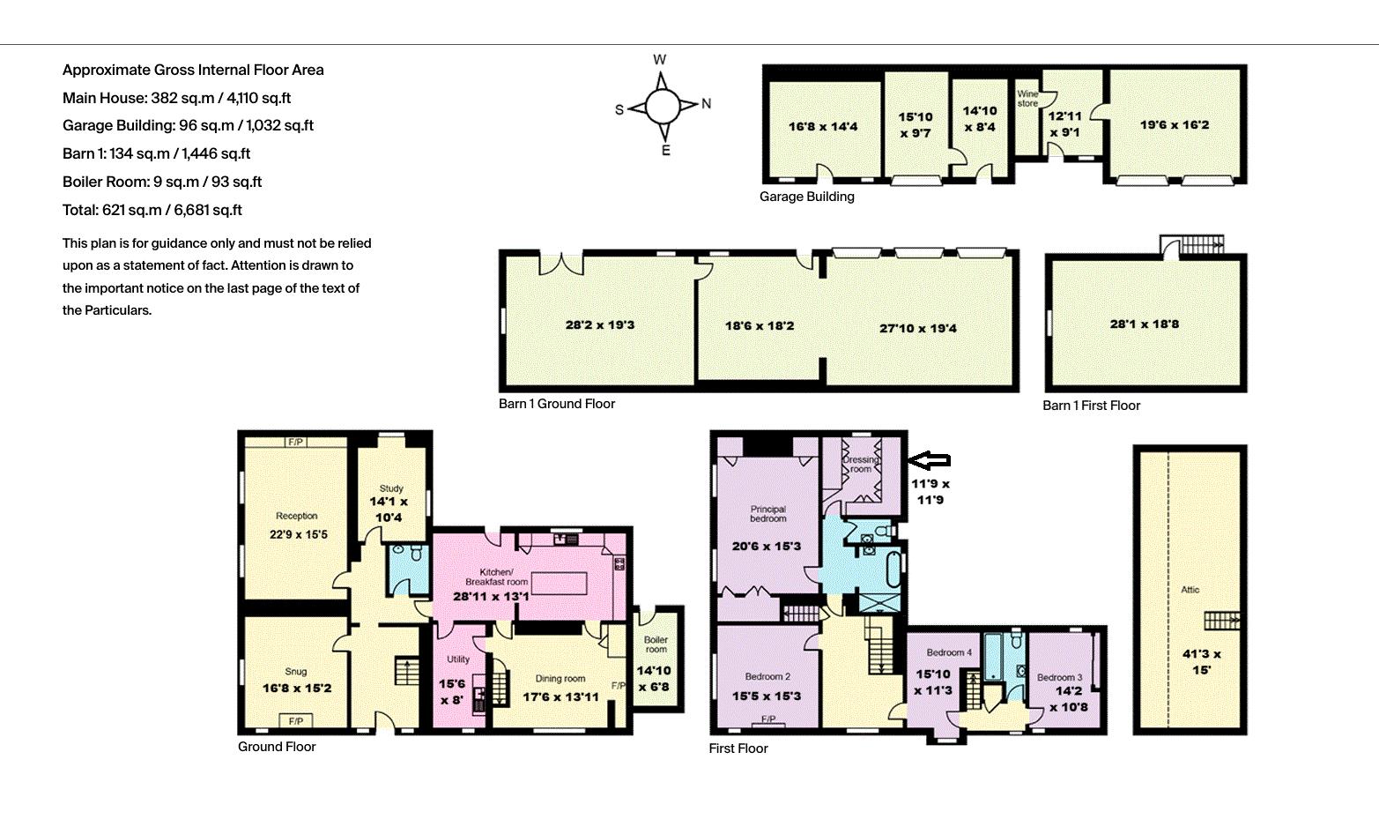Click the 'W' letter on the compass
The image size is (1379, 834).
(x=659, y=60)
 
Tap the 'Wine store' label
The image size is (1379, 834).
(x=1027, y=99)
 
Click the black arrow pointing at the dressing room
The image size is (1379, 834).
(x=930, y=460)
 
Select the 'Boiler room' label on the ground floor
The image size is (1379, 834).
(x=656, y=644)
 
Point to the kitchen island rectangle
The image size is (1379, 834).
(x=559, y=583)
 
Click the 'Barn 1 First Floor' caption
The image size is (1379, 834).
(x=1091, y=406)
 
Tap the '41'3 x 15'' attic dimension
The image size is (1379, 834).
(x=1202, y=661)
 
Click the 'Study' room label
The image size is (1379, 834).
(x=391, y=488)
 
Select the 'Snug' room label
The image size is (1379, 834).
(x=295, y=672)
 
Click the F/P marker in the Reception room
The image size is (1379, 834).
(x=295, y=442)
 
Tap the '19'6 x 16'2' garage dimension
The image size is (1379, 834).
(x=1175, y=124)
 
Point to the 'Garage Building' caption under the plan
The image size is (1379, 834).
(x=806, y=197)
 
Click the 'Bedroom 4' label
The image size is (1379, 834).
(x=949, y=652)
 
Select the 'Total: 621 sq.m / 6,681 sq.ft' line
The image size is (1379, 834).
(x=152, y=210)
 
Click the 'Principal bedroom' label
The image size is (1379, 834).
(x=767, y=514)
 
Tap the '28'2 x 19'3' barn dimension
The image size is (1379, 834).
(x=599, y=324)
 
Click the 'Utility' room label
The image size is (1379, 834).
(x=458, y=659)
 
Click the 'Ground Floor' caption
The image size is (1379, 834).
(x=277, y=747)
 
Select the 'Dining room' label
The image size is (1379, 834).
(x=560, y=679)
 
